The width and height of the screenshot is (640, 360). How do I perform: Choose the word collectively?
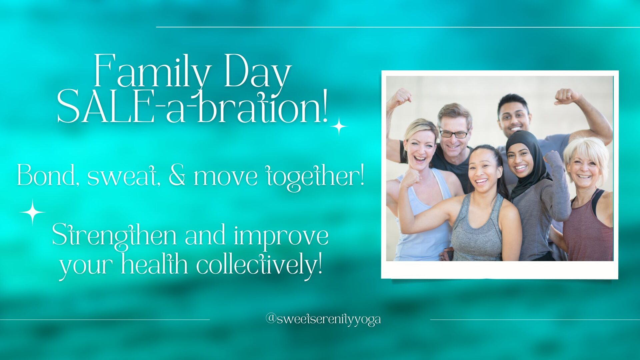click(x=260, y=265)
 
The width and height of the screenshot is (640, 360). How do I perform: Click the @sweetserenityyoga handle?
click(x=323, y=319)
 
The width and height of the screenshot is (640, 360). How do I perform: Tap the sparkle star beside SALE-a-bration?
click(x=339, y=126)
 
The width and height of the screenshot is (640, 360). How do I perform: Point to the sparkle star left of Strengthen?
click(x=32, y=212)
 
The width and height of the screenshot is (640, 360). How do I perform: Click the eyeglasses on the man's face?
click(x=454, y=134)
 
